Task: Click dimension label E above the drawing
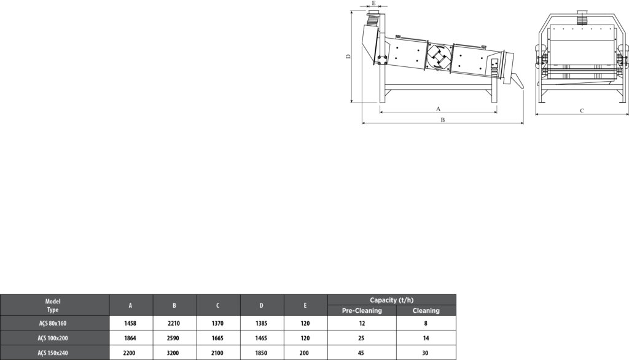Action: tap(374, 3)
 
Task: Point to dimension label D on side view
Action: tap(348, 57)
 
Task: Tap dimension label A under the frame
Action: tap(439, 109)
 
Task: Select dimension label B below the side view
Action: tap(443, 120)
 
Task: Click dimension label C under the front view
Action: tap(582, 111)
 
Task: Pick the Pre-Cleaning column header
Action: tap(362, 311)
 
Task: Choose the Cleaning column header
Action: tap(426, 311)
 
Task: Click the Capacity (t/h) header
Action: tap(391, 300)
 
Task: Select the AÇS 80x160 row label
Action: tap(53, 323)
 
